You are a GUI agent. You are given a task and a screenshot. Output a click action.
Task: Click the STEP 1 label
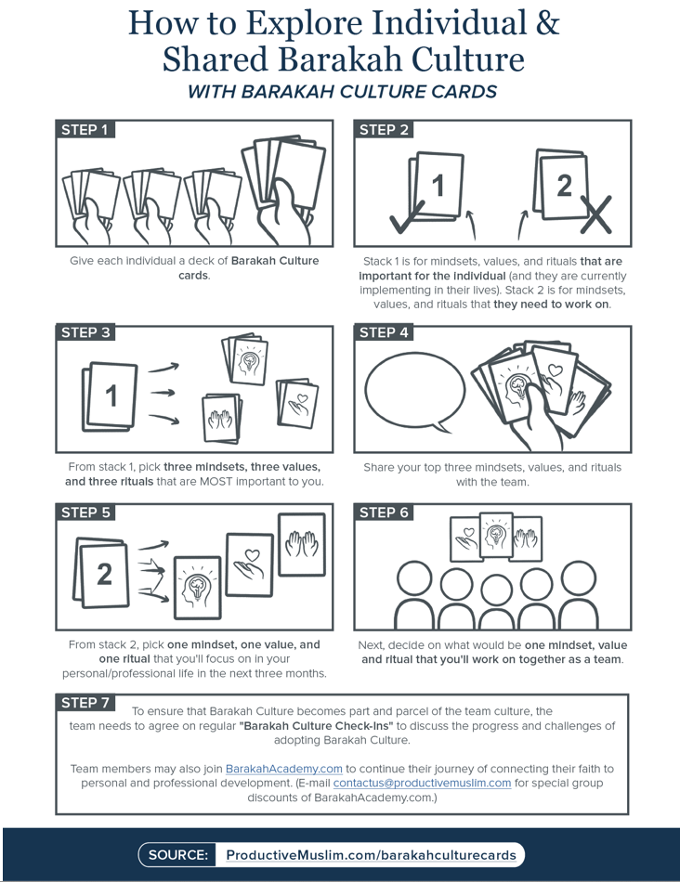85,130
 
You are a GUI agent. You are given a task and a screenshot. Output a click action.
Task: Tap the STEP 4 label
384,332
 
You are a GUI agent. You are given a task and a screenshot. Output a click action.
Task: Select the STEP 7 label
85,703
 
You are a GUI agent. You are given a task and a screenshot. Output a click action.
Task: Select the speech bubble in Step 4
415,391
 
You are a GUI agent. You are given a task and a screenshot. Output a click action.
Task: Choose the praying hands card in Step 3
223,419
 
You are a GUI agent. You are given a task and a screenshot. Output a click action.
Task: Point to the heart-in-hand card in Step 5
250,564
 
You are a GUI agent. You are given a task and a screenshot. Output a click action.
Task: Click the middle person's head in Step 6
493,589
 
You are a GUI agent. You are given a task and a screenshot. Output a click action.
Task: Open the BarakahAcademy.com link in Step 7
284,769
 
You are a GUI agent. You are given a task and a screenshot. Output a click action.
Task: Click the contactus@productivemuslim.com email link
422,783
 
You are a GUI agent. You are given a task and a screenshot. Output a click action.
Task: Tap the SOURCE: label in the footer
178,855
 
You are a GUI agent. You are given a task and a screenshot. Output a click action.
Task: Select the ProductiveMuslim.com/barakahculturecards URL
370,855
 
